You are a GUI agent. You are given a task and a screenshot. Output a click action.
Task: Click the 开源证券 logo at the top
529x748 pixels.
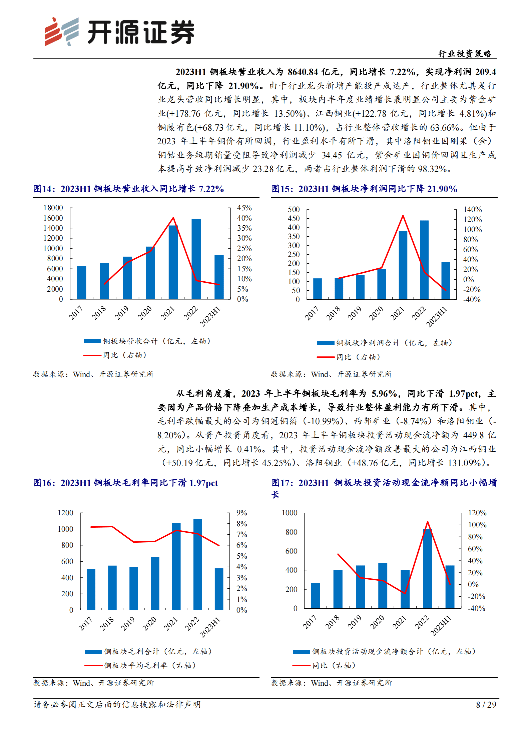pos(119,32)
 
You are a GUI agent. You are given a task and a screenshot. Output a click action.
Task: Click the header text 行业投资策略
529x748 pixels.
pos(465,54)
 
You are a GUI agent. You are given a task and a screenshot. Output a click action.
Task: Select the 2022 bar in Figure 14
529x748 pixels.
pos(196,259)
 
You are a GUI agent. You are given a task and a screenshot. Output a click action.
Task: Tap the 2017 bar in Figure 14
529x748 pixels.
pos(81,282)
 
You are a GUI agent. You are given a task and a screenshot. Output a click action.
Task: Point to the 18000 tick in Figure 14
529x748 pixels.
pos(53,208)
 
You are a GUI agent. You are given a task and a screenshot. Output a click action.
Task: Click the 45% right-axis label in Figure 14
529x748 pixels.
pos(244,208)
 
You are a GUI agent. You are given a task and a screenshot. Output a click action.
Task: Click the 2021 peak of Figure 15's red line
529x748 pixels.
pos(403,216)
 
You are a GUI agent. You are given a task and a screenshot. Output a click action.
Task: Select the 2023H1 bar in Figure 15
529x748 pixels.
pos(446,280)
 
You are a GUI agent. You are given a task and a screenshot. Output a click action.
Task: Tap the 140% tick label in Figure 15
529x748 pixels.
pos(472,210)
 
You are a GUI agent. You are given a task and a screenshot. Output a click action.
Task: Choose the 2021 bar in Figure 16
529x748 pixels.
pos(176,566)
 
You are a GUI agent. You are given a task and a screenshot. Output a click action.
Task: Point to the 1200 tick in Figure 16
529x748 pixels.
pos(65,513)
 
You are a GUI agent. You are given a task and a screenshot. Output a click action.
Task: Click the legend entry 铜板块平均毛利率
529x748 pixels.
pos(150,665)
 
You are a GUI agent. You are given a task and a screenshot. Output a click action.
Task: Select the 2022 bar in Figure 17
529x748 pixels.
pos(427,569)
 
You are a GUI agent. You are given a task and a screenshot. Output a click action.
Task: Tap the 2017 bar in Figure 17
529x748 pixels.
pos(315,596)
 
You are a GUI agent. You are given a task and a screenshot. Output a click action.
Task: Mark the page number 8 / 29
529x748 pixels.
pos(486,705)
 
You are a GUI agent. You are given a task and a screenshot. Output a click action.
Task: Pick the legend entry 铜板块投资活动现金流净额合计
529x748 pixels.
pos(393,651)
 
